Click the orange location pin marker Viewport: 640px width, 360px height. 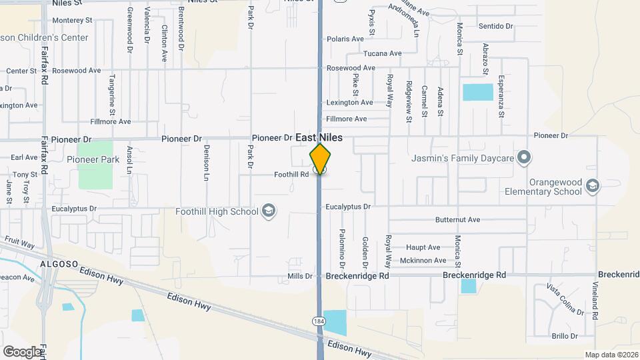[320, 157]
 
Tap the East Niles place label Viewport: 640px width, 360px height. [319, 137]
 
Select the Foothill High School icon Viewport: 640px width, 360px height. [268, 211]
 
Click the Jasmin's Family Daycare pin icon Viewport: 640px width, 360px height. [524, 158]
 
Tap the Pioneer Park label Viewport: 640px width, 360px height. [93, 159]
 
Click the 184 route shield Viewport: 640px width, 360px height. [319, 321]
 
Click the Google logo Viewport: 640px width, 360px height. [22, 351]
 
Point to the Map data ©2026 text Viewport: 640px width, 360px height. [611, 355]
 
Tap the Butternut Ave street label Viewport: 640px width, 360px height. [457, 219]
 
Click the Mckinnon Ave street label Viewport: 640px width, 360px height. [423, 261]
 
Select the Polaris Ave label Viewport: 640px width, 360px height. [345, 39]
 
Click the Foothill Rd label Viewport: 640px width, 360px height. [291, 175]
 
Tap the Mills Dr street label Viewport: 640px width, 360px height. [300, 276]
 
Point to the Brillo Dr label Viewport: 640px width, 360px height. [563, 336]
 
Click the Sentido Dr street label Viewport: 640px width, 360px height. [496, 26]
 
